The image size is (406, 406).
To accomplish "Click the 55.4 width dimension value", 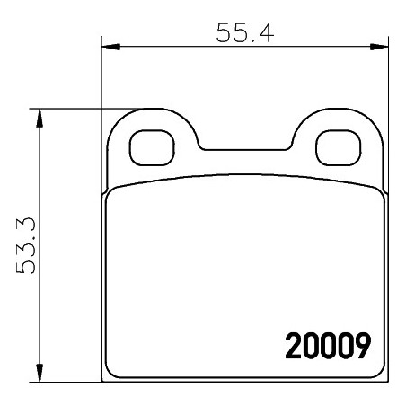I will (x=243, y=33).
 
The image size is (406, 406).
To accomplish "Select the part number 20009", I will (x=328, y=345).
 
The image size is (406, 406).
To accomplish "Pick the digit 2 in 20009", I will (x=293, y=345).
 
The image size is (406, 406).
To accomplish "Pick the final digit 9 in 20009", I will (x=363, y=345).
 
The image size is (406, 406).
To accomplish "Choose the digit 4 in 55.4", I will (x=266, y=33).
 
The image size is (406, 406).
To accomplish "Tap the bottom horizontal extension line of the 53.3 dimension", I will (x=72, y=382).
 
